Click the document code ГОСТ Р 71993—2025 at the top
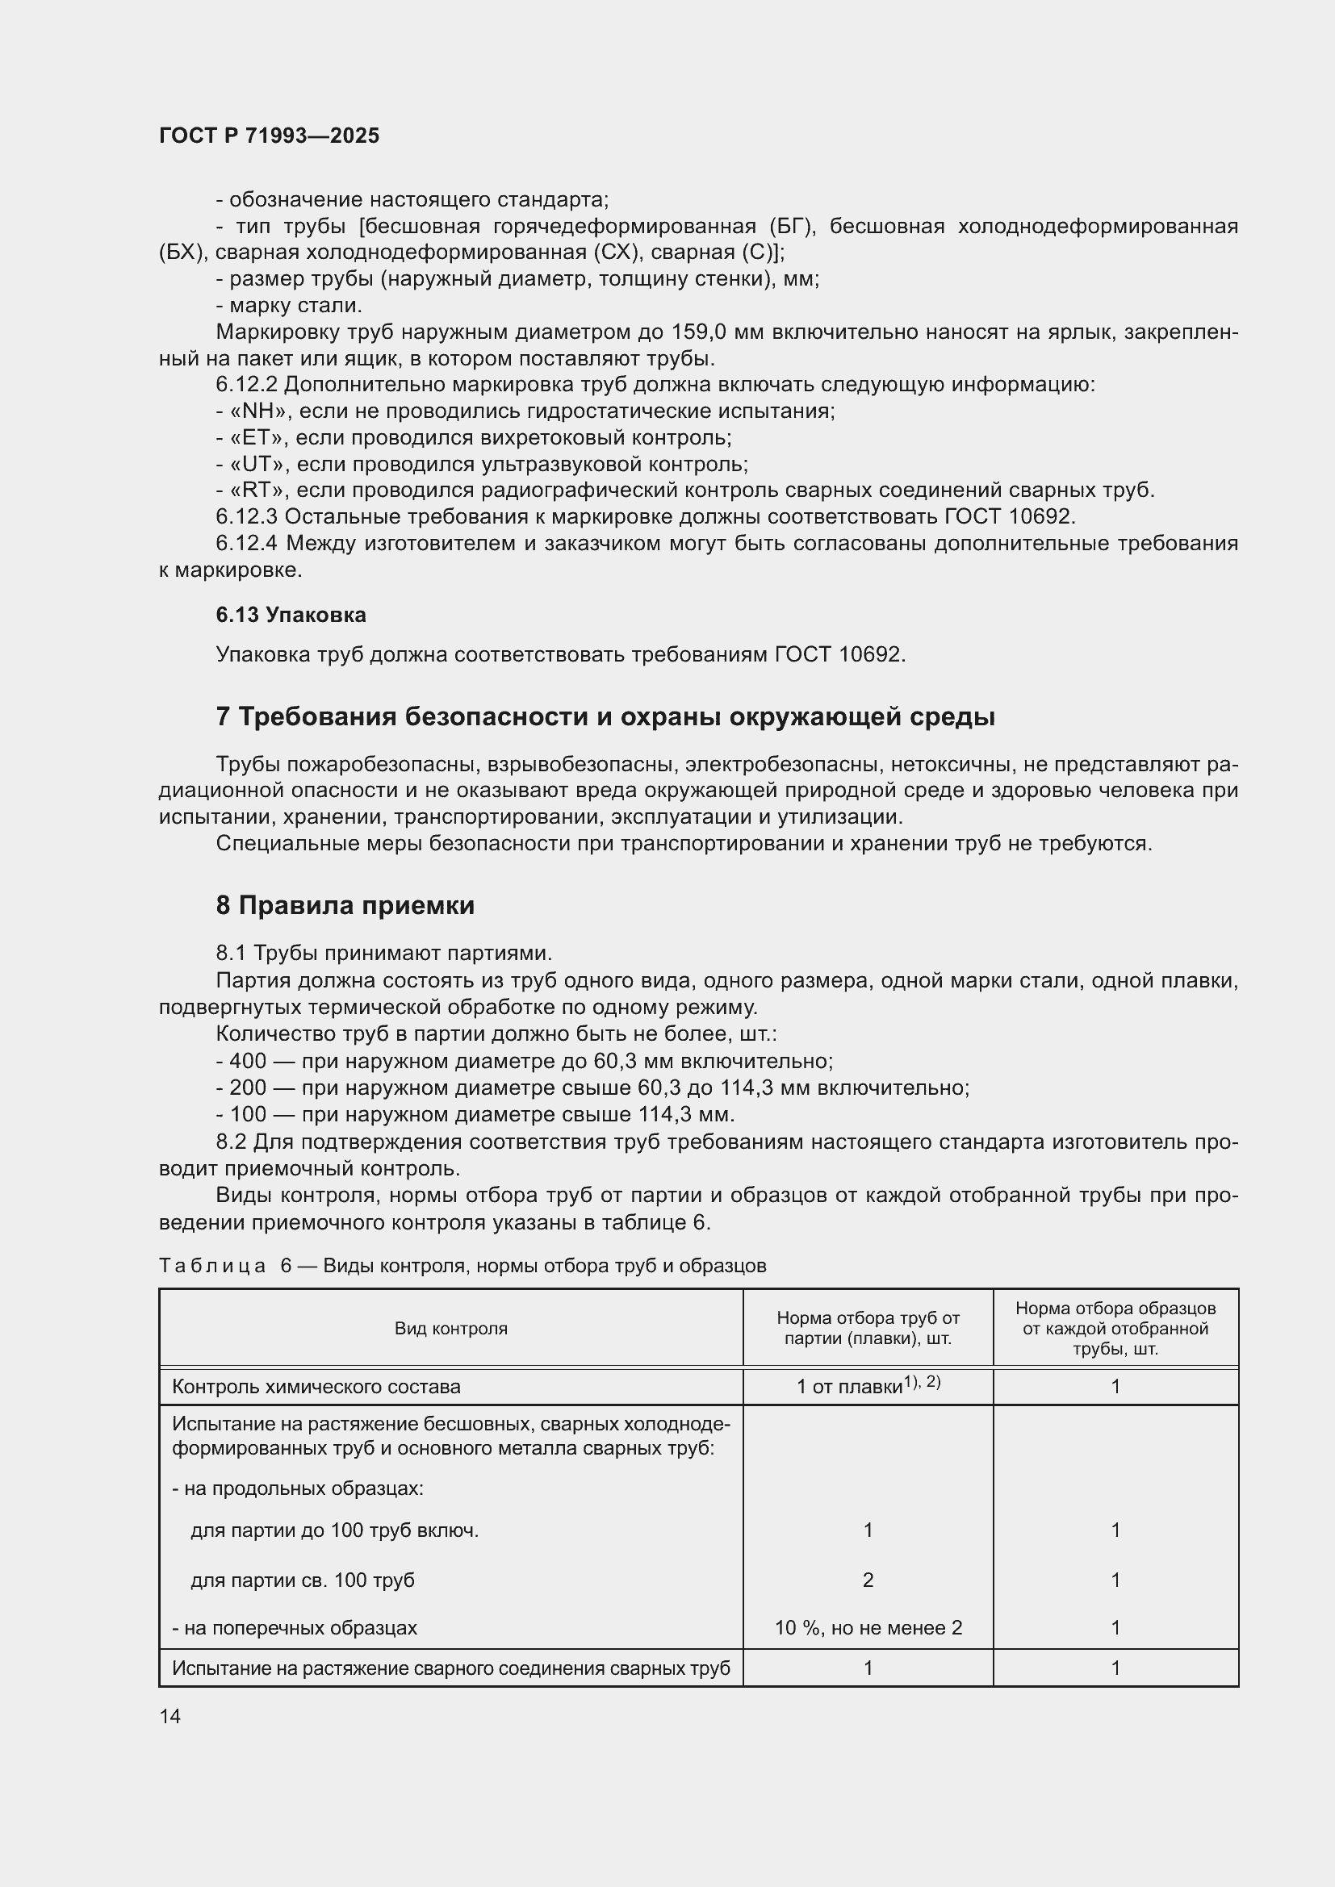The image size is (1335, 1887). point(269,136)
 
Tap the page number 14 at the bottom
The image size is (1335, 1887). point(170,1716)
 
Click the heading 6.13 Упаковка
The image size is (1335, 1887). point(291,615)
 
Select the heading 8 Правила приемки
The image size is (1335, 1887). point(345,906)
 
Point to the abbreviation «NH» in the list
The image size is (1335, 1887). point(257,411)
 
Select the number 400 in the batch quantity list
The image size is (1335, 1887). point(248,1061)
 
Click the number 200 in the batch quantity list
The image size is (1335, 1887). point(248,1088)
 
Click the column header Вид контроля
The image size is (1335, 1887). point(450,1328)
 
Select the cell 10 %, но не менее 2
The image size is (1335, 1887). point(868,1627)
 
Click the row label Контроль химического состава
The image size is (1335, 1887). point(316,1387)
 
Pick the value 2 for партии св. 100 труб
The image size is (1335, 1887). point(868,1580)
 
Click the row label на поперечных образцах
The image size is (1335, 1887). point(295,1627)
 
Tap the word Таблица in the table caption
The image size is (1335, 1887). point(213,1266)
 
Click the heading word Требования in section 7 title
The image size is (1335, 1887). point(318,717)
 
